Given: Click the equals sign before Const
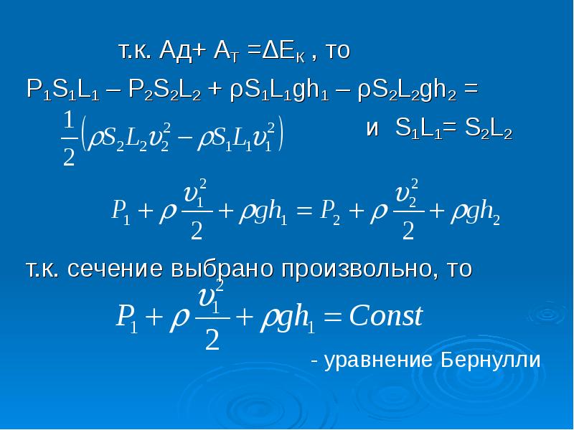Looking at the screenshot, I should pyautogui.click(x=333, y=317).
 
